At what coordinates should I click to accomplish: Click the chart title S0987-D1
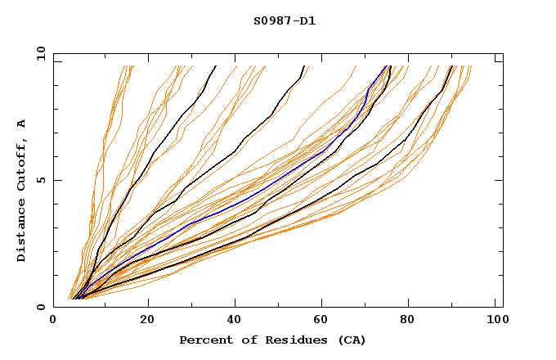[285, 21]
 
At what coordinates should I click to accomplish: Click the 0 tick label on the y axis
[39, 307]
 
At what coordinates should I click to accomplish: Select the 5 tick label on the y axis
[39, 180]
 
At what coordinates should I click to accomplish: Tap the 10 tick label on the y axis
[39, 53]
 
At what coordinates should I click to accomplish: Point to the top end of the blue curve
[385, 66]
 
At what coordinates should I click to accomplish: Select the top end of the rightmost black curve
[452, 66]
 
